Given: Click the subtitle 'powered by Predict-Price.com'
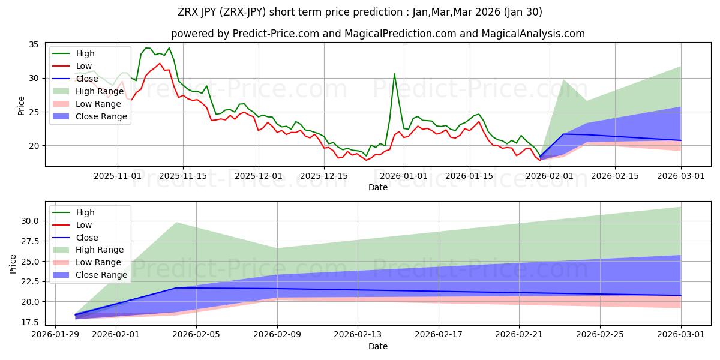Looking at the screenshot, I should tap(377, 34).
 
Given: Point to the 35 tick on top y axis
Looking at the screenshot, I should tap(32, 45).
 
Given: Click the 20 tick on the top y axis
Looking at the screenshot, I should tap(32, 146).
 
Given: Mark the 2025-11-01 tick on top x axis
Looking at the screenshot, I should tap(118, 176).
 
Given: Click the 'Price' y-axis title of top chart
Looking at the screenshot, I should tap(22, 105).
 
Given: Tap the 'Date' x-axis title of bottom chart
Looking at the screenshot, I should tap(377, 346).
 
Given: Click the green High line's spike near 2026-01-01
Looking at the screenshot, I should tap(394, 74).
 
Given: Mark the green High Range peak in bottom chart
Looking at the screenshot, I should tap(176, 223).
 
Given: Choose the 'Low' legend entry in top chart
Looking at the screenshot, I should tap(84, 66).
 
